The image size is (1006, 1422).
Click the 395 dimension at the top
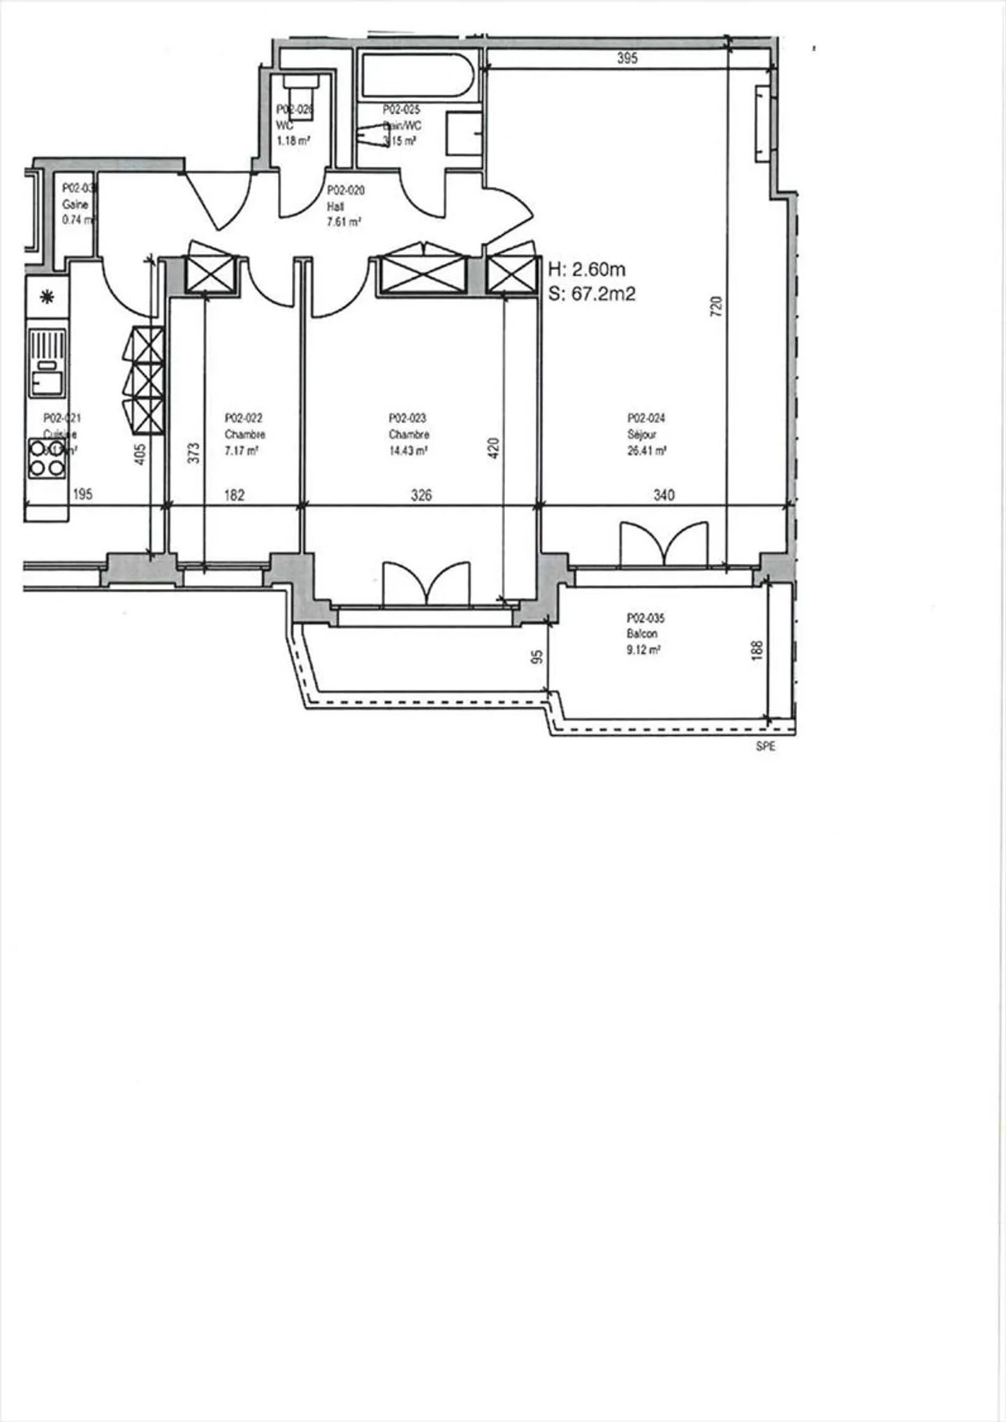(627, 58)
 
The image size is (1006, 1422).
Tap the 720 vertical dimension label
(716, 307)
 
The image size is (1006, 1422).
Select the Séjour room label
(641, 435)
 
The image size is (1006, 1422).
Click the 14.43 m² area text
(408, 451)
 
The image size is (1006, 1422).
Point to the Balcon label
(641, 634)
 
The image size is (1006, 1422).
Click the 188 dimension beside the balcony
(757, 651)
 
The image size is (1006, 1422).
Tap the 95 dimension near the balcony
(537, 657)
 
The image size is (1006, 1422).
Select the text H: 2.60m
(587, 270)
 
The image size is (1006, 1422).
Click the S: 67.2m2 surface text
(592, 294)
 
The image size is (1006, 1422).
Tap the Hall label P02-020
(345, 190)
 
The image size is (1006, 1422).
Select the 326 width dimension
(421, 495)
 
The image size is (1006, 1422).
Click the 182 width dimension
(234, 495)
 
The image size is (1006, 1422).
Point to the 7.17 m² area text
(241, 451)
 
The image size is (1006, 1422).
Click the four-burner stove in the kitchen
(47, 458)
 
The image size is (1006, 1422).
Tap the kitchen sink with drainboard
(47, 363)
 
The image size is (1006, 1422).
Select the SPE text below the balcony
(765, 746)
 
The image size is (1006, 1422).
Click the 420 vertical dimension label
(493, 448)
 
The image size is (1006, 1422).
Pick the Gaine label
(75, 205)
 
